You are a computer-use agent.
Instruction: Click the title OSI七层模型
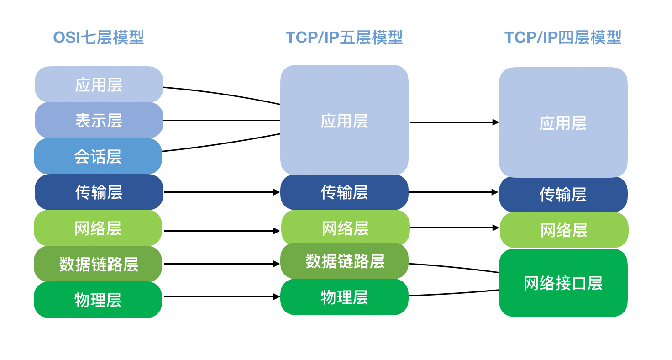click(99, 37)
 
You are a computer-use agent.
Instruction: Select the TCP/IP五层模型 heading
click(344, 37)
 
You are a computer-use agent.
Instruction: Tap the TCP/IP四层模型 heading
click(563, 37)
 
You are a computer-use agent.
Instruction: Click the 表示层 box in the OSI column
click(99, 121)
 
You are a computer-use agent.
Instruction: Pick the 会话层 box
click(98, 156)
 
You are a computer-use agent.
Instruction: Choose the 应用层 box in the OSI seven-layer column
click(99, 85)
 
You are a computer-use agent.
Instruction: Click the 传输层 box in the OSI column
click(99, 192)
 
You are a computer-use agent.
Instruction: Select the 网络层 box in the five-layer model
click(345, 228)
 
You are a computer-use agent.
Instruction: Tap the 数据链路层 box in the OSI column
click(98, 264)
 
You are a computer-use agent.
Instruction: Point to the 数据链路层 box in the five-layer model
click(345, 261)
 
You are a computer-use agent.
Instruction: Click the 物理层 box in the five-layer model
click(344, 297)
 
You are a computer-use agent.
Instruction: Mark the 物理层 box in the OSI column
click(98, 300)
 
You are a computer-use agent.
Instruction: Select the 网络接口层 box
click(563, 283)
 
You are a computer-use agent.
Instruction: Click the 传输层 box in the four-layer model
click(563, 195)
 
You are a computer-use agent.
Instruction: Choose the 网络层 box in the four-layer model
click(564, 230)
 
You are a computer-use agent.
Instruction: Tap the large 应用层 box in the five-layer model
click(344, 121)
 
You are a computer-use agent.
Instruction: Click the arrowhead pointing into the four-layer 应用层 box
click(495, 122)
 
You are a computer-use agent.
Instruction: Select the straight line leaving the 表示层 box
click(221, 121)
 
